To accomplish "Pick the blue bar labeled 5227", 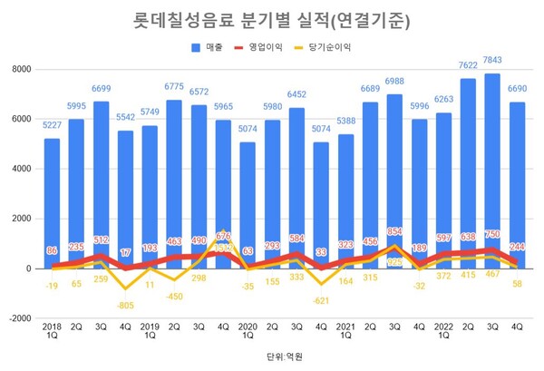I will coord(53,200).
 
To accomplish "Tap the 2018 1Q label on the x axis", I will coord(53,331).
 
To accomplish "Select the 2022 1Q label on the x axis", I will coord(442,331).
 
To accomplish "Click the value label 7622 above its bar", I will coord(466,66).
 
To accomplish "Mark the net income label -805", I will coord(125,306).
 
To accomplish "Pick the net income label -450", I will coord(174,296).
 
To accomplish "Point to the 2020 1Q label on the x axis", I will coord(248,331).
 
